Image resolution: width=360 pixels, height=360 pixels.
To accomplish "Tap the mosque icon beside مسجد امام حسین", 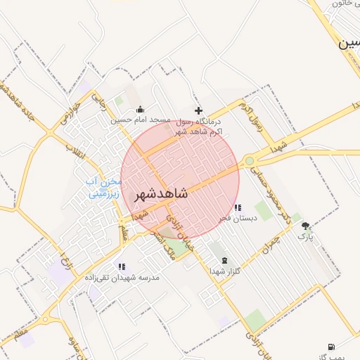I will click(141, 109).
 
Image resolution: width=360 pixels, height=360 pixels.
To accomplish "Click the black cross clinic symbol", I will click(199, 110).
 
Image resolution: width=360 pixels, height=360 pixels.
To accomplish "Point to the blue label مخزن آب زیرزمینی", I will click(104, 186).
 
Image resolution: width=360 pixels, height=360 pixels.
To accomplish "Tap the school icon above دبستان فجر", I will click(238, 207).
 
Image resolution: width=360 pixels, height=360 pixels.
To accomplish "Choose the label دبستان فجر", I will click(238, 219).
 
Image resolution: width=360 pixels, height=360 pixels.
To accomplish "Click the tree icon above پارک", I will click(305, 226).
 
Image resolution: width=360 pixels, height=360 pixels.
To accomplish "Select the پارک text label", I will click(305, 237).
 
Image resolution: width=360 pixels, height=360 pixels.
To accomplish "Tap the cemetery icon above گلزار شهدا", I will click(224, 260).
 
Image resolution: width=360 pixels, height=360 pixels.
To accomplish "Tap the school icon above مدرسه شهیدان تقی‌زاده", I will click(122, 266).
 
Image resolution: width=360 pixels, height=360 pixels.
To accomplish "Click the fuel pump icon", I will click(331, 347).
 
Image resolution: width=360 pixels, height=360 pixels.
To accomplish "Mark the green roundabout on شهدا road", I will click(250, 161).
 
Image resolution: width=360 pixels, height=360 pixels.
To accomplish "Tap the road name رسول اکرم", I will click(251, 117).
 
